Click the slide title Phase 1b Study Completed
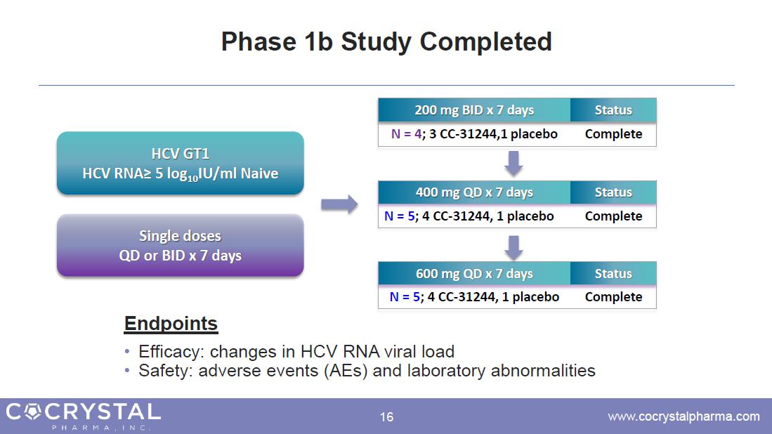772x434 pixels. coord(386,42)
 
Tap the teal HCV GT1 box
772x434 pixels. coord(180,163)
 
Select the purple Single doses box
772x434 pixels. coord(180,245)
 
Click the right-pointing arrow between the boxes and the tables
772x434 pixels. coord(339,204)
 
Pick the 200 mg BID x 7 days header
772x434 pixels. coord(474,110)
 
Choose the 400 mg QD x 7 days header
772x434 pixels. coord(474,192)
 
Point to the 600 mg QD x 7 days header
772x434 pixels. coord(474,274)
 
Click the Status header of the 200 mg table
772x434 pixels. coord(613,110)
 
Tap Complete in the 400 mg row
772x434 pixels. coord(613,216)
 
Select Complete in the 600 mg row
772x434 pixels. coord(613,297)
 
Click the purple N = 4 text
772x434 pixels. coord(405,134)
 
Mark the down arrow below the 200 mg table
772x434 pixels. coord(514,164)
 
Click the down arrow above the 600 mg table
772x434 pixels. coord(514,246)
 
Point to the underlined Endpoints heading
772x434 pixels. coord(171,324)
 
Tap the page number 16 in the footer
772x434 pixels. coord(386,417)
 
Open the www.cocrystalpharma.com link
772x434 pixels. coord(683,416)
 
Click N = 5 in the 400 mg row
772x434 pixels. coord(399,216)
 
